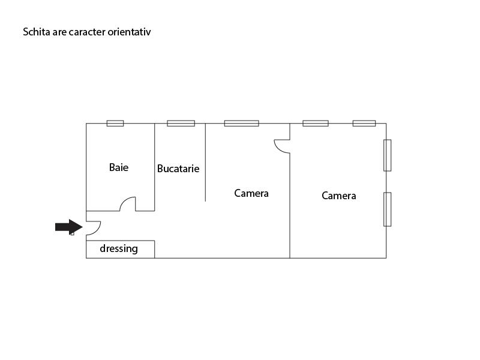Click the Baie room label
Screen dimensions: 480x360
(119, 167)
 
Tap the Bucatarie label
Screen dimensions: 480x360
(178, 169)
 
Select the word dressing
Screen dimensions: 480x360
(119, 248)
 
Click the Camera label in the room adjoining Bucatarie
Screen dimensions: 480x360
(251, 193)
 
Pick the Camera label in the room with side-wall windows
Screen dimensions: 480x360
(339, 196)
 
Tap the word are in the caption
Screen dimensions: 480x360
(59, 32)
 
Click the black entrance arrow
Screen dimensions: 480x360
(69, 227)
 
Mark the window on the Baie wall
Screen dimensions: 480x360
(115, 124)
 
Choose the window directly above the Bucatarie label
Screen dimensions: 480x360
(181, 124)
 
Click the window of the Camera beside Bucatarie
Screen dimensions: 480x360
(242, 124)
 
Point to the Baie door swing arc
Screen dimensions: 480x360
(124, 201)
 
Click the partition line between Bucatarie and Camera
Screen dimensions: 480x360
(205, 162)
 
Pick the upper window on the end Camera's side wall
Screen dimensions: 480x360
(387, 155)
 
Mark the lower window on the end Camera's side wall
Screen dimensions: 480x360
(387, 209)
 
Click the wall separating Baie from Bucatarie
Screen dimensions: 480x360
(155, 167)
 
